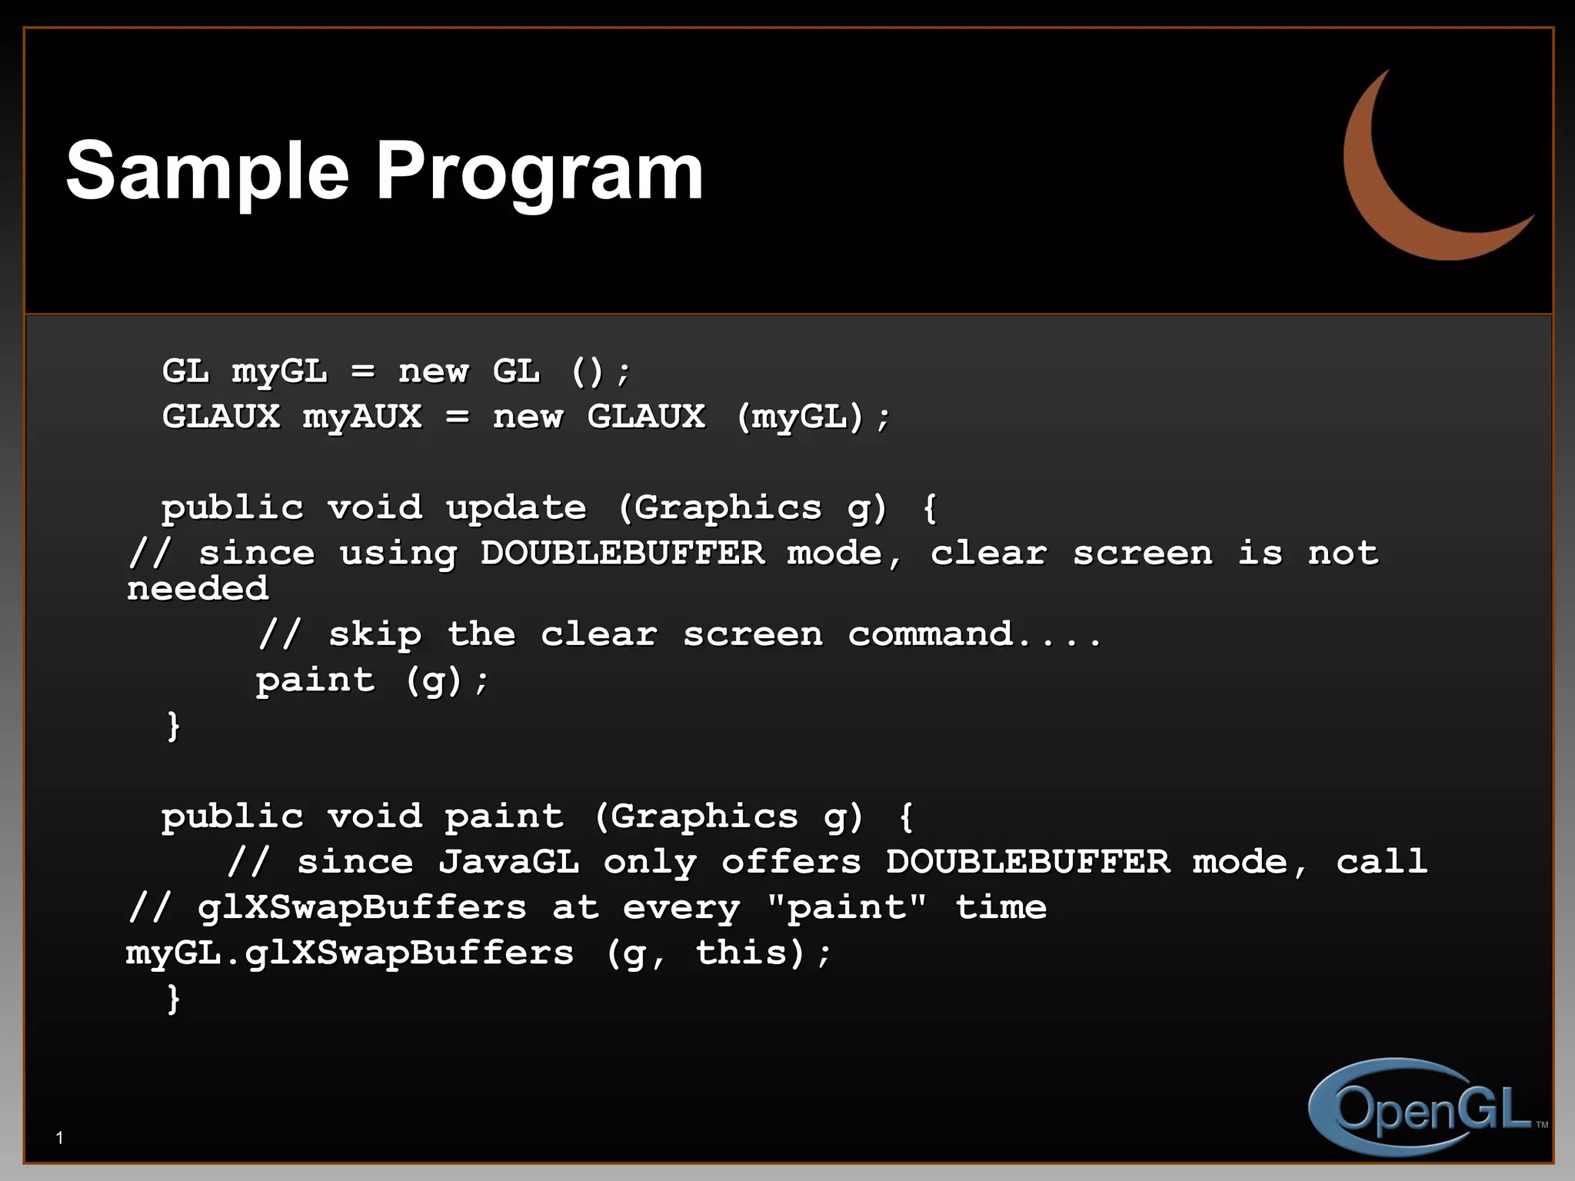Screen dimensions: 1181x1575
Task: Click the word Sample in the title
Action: [x=208, y=172]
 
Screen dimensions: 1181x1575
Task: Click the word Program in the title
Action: [x=538, y=172]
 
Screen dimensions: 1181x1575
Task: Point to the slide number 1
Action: [x=59, y=1138]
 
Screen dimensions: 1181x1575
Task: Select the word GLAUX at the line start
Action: [x=221, y=417]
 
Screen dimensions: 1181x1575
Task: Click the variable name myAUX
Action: [x=362, y=417]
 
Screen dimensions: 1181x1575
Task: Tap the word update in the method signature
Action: [x=516, y=507]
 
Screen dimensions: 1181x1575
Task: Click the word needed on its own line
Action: [x=198, y=589]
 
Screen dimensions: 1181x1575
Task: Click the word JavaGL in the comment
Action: [x=508, y=862]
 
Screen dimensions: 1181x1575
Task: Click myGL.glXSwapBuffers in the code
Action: [x=350, y=953]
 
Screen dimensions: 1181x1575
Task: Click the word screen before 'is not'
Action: [x=1142, y=554]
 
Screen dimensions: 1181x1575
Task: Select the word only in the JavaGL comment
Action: [x=650, y=862]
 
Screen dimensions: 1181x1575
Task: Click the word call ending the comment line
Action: [x=1381, y=862]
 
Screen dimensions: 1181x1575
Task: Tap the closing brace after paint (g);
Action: [x=174, y=725]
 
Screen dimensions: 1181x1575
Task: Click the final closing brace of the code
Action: [x=174, y=999]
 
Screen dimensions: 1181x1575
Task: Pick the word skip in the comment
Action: [x=375, y=635]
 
